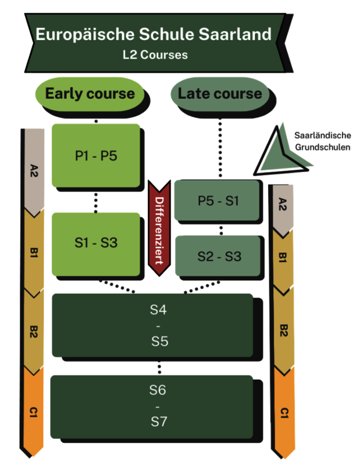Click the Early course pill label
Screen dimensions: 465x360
coord(90,94)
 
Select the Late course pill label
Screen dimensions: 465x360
coord(219,94)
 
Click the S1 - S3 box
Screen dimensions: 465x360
coord(97,243)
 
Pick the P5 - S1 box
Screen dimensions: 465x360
coord(218,201)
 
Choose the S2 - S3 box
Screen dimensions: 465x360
coord(218,256)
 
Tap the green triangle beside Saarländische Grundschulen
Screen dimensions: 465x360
coord(279,152)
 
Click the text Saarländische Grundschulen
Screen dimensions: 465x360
coord(322,141)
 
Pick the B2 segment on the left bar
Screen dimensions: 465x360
coord(33,332)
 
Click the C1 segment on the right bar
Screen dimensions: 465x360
coord(283,413)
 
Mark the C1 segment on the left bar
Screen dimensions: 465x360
coord(33,413)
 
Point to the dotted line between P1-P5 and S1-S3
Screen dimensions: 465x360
coord(96,202)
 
